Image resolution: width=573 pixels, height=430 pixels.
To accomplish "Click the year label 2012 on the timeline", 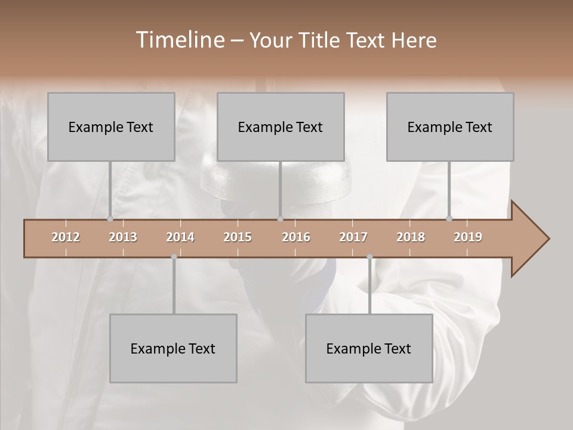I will [66, 237].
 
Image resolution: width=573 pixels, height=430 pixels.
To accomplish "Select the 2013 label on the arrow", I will [123, 237].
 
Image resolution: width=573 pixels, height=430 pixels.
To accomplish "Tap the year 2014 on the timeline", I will [180, 237].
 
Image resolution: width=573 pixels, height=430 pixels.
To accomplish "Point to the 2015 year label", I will [238, 237].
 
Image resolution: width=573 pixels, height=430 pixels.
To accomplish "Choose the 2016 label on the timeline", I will [296, 237].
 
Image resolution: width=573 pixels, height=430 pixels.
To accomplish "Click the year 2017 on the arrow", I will [353, 237].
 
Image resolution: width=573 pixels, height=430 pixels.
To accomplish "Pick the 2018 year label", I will [411, 237].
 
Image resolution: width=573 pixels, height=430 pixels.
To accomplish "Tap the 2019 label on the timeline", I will [468, 237].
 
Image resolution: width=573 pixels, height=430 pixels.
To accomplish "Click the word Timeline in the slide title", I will [179, 40].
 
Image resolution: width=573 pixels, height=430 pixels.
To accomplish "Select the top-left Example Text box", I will [111, 127].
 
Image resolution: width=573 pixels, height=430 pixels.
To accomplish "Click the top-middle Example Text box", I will [281, 127].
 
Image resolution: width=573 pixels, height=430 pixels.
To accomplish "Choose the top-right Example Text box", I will [450, 127].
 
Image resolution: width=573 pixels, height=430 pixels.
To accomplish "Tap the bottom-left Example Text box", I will [173, 348].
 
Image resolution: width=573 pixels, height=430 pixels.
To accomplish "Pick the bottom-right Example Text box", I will [369, 348].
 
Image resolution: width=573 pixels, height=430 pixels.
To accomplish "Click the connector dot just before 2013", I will [110, 219].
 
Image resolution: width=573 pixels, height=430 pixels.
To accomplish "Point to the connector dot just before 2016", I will [280, 219].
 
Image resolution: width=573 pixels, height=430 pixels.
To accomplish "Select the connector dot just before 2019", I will [449, 219].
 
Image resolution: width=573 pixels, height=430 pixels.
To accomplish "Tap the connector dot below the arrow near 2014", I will [174, 257].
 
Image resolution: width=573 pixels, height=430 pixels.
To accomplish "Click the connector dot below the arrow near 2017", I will [369, 257].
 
